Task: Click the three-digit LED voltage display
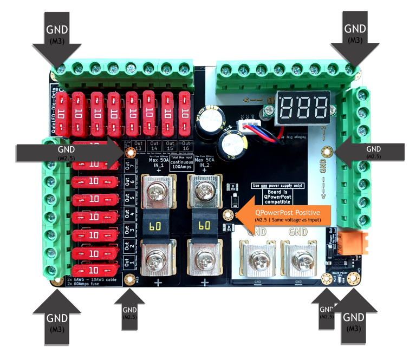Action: (303, 104)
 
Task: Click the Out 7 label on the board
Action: (128, 167)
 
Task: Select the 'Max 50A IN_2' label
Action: (205, 162)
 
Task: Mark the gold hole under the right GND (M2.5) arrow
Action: (327, 151)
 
